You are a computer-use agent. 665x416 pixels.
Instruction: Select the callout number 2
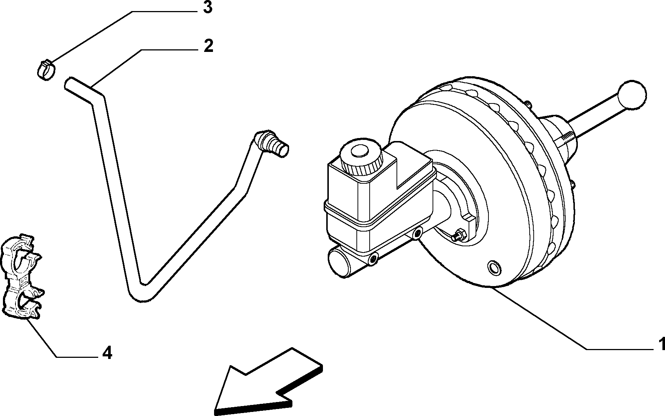[x=208, y=46]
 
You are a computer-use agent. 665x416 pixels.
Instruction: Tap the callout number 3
[x=208, y=7]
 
